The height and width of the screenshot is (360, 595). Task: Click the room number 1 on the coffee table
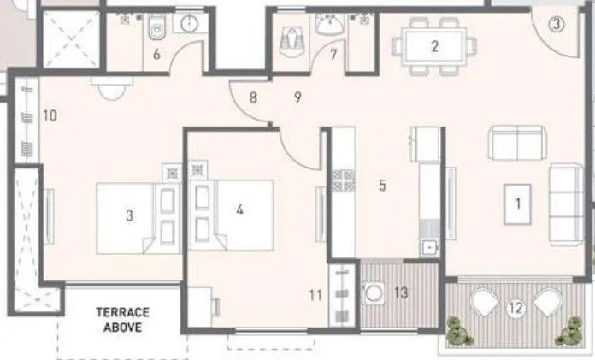515,204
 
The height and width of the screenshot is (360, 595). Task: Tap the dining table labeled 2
434,46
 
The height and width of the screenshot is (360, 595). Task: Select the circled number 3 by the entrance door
557,25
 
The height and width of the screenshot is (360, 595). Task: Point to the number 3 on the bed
129,215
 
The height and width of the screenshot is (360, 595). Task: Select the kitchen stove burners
343,180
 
